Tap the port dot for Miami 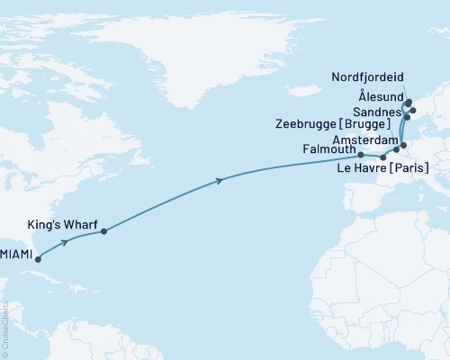click(x=38, y=257)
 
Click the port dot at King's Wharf click(x=104, y=231)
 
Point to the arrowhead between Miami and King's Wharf click(x=66, y=241)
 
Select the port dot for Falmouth click(x=361, y=155)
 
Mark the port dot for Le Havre click(x=383, y=158)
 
